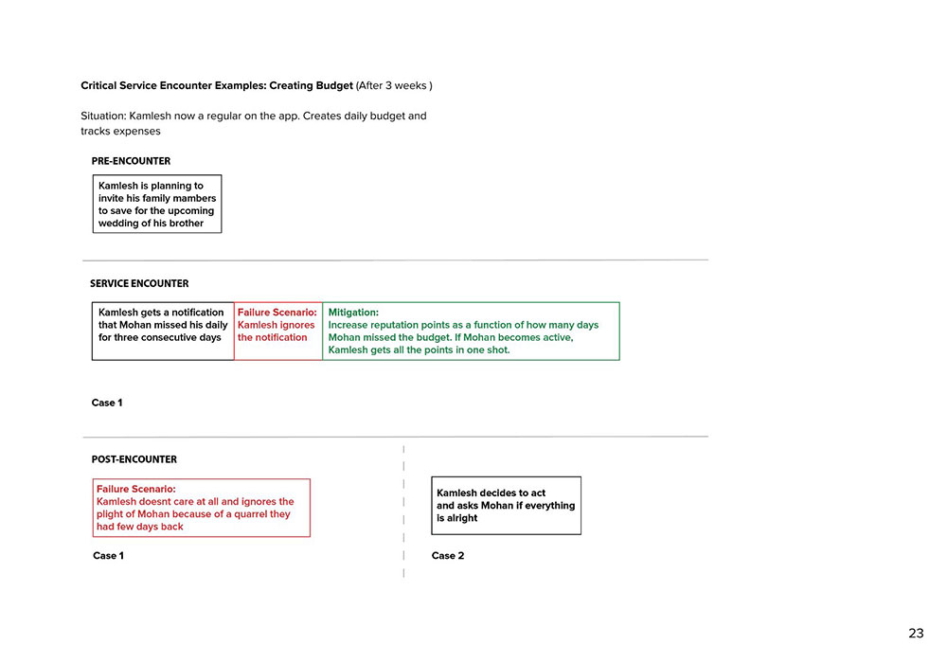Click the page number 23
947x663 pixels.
pos(916,633)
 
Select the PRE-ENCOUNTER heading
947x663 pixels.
pos(131,161)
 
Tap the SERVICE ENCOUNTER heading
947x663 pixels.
pos(139,283)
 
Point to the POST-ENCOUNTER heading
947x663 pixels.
pos(134,459)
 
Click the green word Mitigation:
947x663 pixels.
pos(353,312)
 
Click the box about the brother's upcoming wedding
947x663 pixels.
pos(157,204)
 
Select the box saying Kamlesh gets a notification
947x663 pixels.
pos(162,331)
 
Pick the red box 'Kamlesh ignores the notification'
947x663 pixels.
pos(277,331)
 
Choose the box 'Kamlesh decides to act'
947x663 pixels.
pos(506,506)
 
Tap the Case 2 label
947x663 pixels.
pos(448,556)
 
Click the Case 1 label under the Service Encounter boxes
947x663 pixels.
pos(107,403)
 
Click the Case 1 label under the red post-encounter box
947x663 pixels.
pos(108,556)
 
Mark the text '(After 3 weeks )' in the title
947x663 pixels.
pos(394,86)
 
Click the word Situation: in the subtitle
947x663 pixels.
pos(102,116)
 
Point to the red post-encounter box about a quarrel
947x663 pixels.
pos(201,508)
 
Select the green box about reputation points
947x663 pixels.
pos(471,331)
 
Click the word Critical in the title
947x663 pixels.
pos(100,86)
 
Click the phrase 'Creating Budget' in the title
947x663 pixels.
pos(311,86)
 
